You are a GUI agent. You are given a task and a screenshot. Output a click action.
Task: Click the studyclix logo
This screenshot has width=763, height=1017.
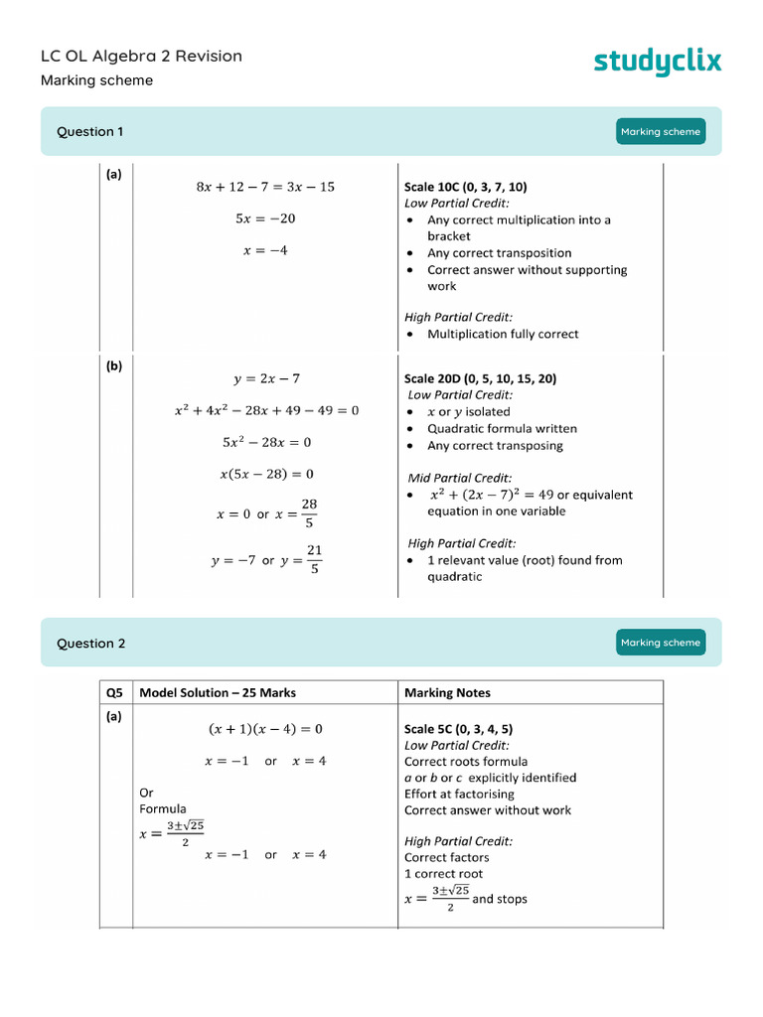click(658, 62)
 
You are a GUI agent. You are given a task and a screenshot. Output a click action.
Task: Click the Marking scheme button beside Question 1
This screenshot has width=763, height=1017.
click(661, 131)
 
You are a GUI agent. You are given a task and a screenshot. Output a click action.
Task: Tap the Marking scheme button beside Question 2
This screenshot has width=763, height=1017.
click(661, 643)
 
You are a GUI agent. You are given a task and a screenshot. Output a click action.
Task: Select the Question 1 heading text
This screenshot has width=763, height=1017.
click(90, 131)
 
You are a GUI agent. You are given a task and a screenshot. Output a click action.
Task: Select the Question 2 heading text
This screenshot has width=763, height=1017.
click(91, 644)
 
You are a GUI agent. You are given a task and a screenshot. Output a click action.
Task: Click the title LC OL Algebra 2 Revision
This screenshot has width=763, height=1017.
click(141, 57)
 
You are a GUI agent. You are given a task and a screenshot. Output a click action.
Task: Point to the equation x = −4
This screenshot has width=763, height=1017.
click(265, 250)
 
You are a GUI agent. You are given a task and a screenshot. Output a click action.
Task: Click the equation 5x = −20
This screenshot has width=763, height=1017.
click(265, 218)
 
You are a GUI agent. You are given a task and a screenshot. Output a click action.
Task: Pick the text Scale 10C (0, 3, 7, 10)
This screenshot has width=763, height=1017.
click(466, 187)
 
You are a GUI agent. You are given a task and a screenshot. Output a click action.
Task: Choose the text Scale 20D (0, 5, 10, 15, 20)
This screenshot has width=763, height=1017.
click(480, 378)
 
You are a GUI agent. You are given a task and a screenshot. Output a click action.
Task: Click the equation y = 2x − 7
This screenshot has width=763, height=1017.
click(266, 378)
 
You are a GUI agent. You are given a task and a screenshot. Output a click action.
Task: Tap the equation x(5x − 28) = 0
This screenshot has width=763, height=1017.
click(266, 474)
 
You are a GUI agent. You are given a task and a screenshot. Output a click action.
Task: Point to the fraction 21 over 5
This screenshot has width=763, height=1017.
click(314, 559)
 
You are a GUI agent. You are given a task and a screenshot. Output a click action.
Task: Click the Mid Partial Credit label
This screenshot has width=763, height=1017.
click(460, 478)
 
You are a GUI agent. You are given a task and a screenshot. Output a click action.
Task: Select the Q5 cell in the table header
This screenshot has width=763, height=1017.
click(115, 692)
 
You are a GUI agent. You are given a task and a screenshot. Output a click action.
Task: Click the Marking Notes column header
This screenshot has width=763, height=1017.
click(447, 692)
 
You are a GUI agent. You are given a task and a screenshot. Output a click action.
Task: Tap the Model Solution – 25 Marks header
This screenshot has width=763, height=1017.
click(218, 692)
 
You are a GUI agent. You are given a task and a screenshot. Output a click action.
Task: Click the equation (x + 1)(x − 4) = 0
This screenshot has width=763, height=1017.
click(265, 729)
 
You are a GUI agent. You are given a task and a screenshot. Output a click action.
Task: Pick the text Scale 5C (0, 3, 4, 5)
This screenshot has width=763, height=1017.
click(459, 729)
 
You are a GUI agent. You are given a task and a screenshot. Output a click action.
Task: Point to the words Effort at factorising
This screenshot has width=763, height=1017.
click(460, 794)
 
